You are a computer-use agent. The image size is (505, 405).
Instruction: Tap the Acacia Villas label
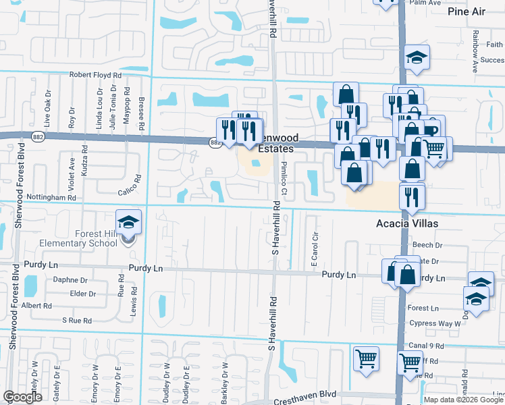[x=408, y=223]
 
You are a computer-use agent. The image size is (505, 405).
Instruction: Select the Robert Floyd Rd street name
[x=94, y=75]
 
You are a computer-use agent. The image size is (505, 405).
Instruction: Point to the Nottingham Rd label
[x=51, y=197]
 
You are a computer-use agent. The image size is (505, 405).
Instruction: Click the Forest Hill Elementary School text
[x=96, y=238]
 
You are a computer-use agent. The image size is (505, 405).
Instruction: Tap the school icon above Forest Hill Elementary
[x=127, y=222]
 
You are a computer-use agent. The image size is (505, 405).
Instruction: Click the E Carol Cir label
[x=314, y=250]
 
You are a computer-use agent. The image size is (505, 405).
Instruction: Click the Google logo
[x=23, y=397]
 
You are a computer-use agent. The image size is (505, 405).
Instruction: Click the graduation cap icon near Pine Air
[x=417, y=58]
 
